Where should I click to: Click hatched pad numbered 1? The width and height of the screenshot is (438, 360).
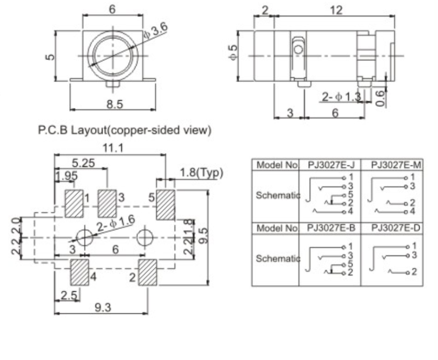tap(74, 204)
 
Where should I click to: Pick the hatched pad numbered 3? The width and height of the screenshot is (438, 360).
tap(108, 204)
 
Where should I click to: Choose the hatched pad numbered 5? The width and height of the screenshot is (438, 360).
tap(166, 204)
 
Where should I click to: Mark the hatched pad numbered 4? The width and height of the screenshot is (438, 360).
tap(79, 272)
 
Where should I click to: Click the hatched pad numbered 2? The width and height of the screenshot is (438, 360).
tap(148, 272)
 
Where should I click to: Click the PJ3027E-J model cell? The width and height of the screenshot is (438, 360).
tap(329, 165)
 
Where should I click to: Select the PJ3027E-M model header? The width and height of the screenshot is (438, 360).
tap(392, 165)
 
